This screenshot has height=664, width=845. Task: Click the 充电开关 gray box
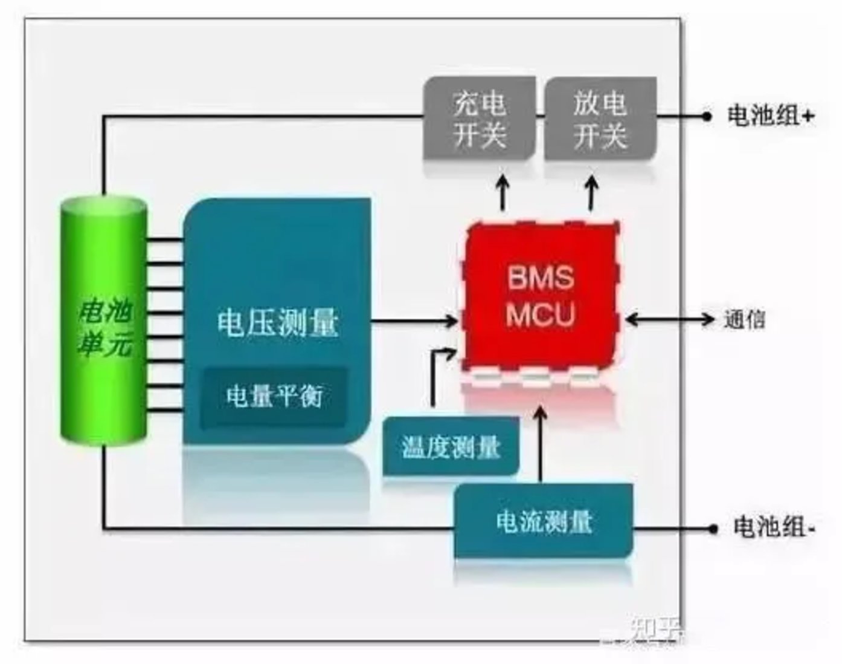click(x=479, y=119)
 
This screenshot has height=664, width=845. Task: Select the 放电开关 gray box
click(x=600, y=119)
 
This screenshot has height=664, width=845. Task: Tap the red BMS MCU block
click(x=541, y=296)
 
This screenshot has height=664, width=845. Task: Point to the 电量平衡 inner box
click(x=274, y=396)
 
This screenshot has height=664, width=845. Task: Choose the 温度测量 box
click(x=451, y=446)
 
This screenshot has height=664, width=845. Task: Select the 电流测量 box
click(x=544, y=521)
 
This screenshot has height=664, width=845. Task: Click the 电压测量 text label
click(x=278, y=322)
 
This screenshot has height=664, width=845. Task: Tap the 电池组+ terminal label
click(x=771, y=115)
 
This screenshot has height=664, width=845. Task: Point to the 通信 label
click(x=744, y=319)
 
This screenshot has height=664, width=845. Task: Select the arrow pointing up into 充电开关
click(x=503, y=190)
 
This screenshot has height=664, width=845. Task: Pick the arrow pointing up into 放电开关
click(x=592, y=190)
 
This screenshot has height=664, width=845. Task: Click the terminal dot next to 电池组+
click(x=707, y=116)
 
